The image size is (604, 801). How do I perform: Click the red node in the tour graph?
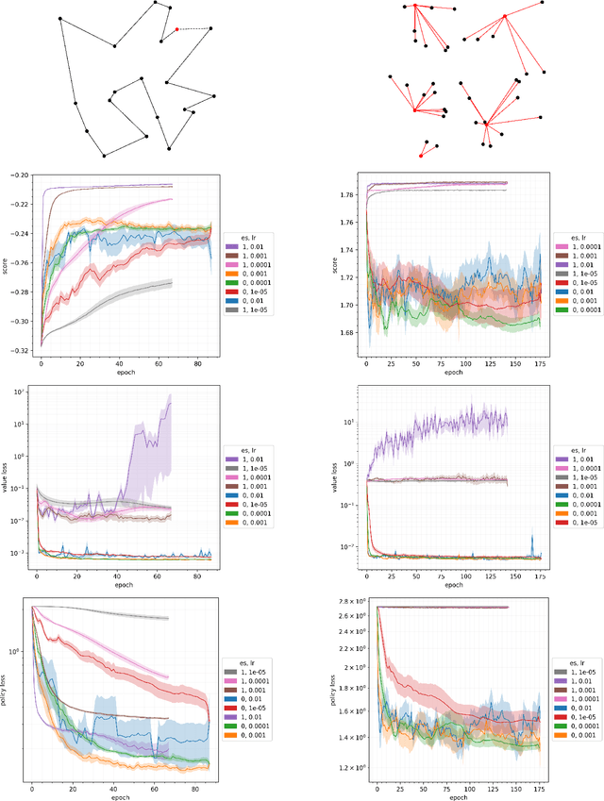(176, 29)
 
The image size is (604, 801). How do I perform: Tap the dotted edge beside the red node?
(194, 28)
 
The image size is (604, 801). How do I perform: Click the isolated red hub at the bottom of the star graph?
(421, 156)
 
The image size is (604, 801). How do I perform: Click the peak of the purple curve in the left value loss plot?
(171, 396)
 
